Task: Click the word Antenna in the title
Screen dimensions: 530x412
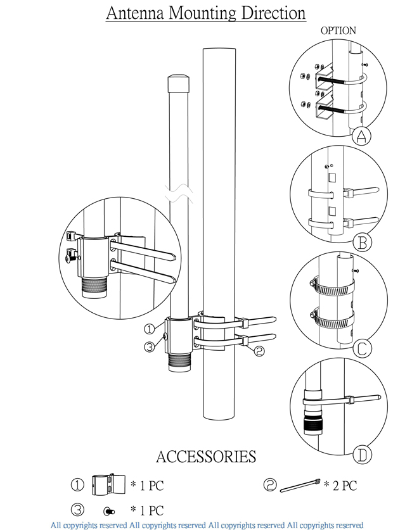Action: tap(133, 14)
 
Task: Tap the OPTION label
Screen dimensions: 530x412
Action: tap(338, 30)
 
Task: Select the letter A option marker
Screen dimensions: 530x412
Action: tap(361, 137)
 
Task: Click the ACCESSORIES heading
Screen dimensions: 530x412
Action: tap(206, 457)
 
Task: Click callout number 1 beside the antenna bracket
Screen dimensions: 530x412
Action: tap(148, 329)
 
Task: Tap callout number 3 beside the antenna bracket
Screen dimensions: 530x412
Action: tap(148, 346)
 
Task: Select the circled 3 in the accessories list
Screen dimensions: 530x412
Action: tap(77, 510)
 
